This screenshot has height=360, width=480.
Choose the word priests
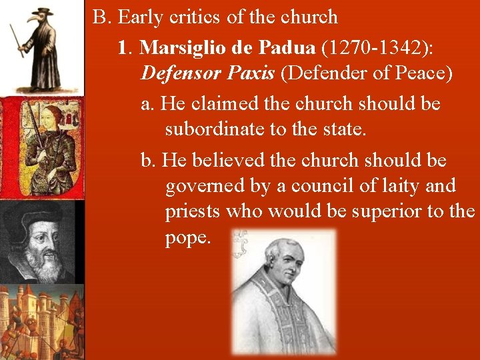click(x=193, y=211)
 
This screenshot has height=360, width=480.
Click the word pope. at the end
click(x=187, y=238)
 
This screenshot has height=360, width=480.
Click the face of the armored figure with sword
click(x=50, y=121)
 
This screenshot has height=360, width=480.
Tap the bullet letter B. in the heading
click(x=101, y=17)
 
